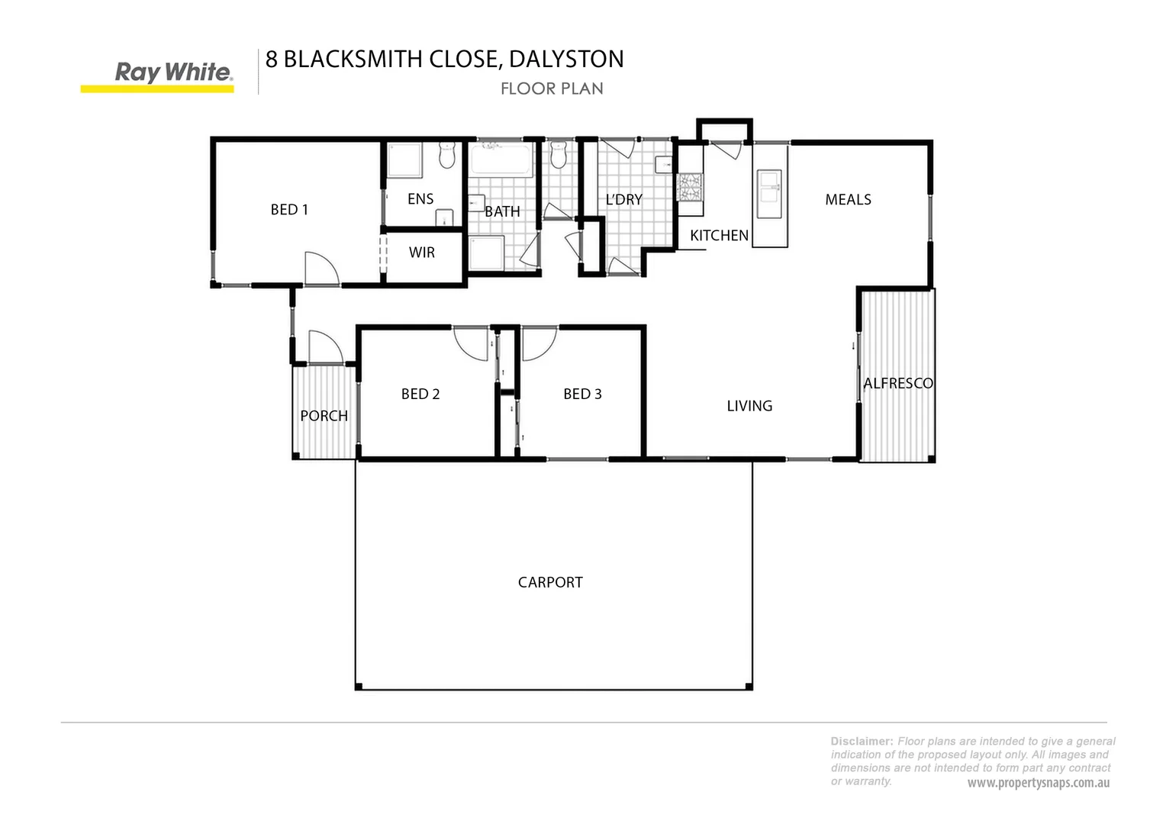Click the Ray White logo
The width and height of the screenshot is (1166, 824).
157,76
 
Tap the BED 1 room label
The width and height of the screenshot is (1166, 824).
289,210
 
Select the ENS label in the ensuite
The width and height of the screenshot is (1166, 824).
420,199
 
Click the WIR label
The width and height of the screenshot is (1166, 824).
422,253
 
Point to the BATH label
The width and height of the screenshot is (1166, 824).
502,212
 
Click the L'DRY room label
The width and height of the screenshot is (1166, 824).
624,199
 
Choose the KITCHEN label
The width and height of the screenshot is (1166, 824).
720,236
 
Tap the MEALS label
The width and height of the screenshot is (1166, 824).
848,199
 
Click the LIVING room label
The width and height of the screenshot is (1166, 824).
749,406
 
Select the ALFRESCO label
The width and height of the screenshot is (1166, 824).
898,384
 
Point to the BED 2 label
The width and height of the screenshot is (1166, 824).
420,394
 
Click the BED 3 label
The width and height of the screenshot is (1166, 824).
582,394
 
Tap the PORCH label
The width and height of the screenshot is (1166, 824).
324,416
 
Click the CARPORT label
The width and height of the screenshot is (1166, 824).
550,582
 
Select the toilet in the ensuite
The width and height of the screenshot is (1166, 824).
447,155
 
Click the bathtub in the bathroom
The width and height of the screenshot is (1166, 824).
501,159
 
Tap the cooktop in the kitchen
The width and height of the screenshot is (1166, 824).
690,188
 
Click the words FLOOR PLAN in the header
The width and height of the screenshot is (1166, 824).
552,89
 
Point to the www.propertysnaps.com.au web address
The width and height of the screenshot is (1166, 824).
1039,784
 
